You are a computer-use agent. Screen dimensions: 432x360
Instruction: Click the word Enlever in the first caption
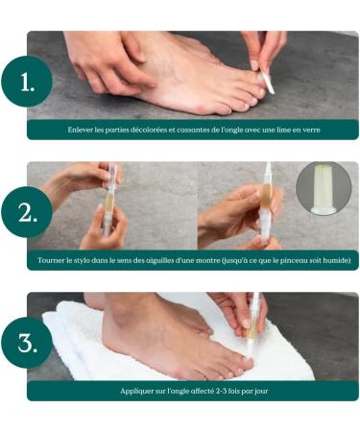point(82,130)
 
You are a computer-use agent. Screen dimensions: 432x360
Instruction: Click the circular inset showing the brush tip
point(324,187)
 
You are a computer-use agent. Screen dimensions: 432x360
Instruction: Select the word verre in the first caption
point(307,130)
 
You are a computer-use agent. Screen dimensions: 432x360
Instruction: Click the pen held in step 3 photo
point(254,326)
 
